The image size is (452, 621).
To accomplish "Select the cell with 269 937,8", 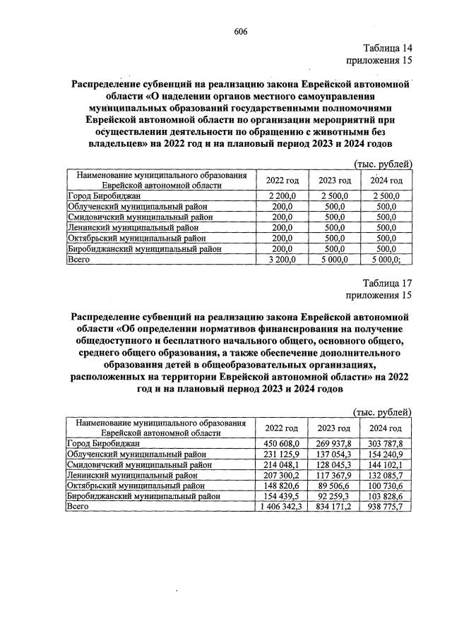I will coord(334,442).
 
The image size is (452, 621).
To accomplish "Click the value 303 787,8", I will coord(386,442).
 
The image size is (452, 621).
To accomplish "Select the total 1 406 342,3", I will coord(282,507).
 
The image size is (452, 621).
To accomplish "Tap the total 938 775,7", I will coord(386,507).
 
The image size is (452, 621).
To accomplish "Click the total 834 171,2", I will coord(334,507).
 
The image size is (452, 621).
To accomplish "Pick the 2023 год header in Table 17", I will coord(334,428).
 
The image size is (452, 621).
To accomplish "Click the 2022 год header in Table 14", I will coord(282,180).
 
